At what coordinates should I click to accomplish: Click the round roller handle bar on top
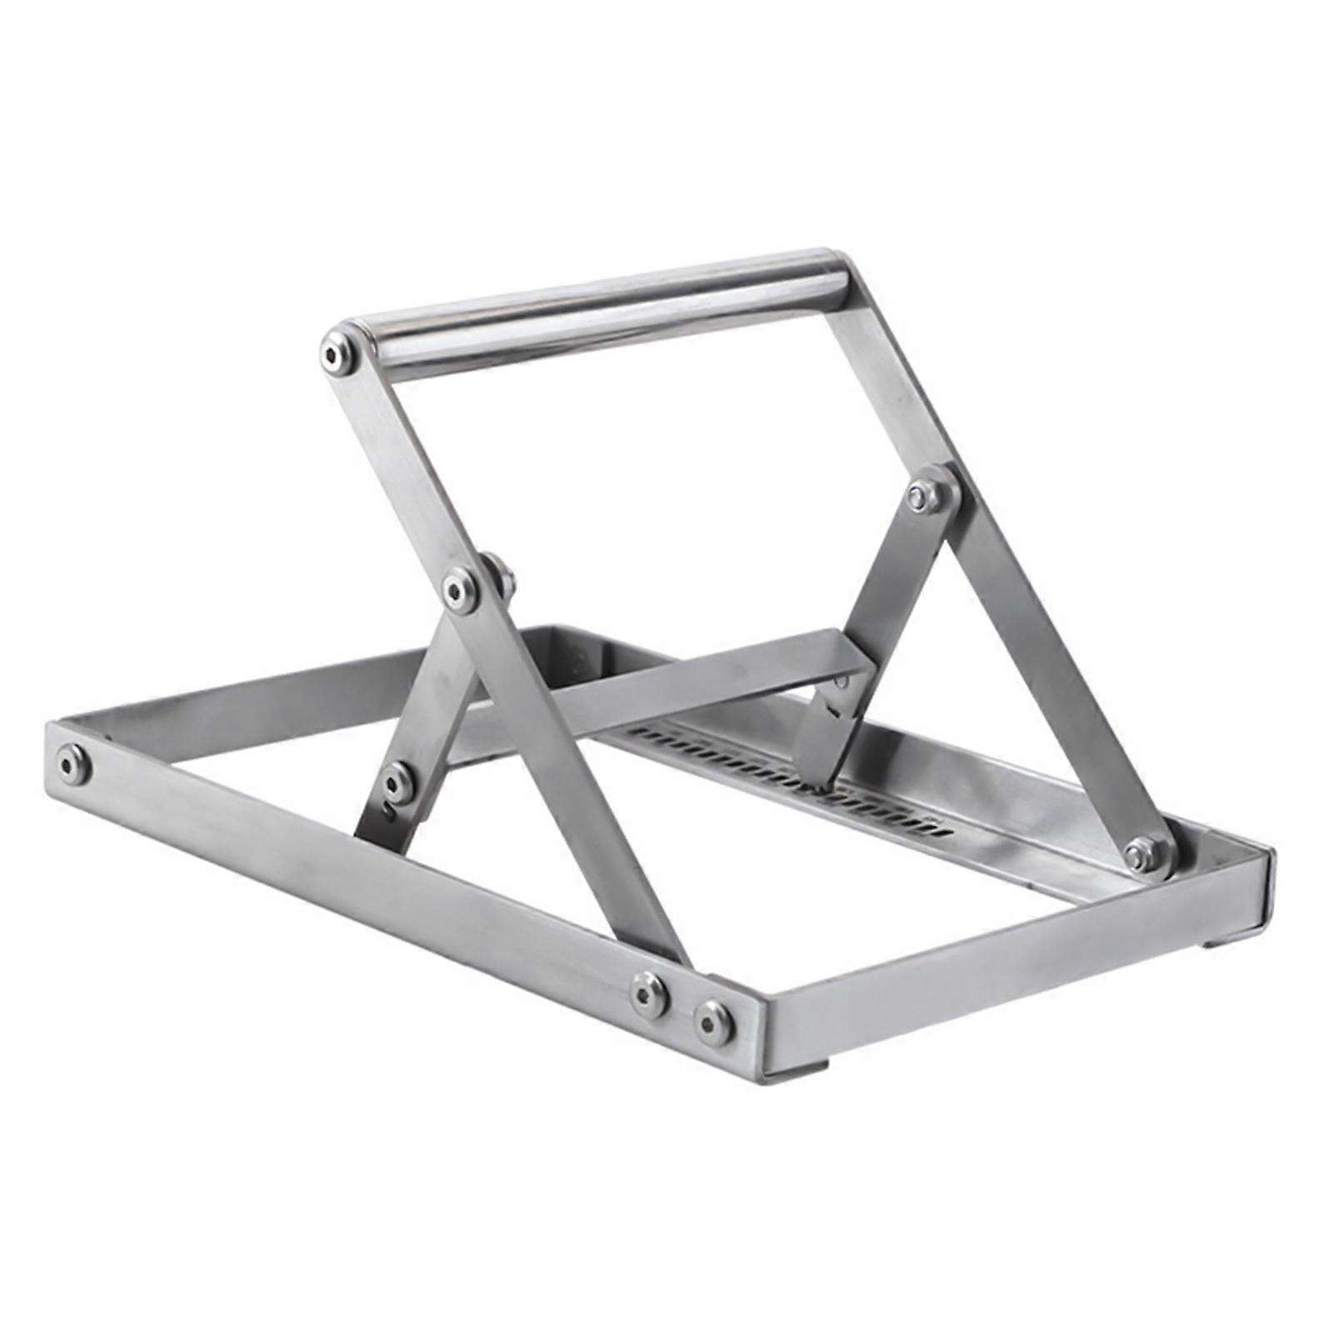pos(600,308)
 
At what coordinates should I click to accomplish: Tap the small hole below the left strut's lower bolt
pos(387,806)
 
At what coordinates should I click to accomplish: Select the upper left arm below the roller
pos(392,467)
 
